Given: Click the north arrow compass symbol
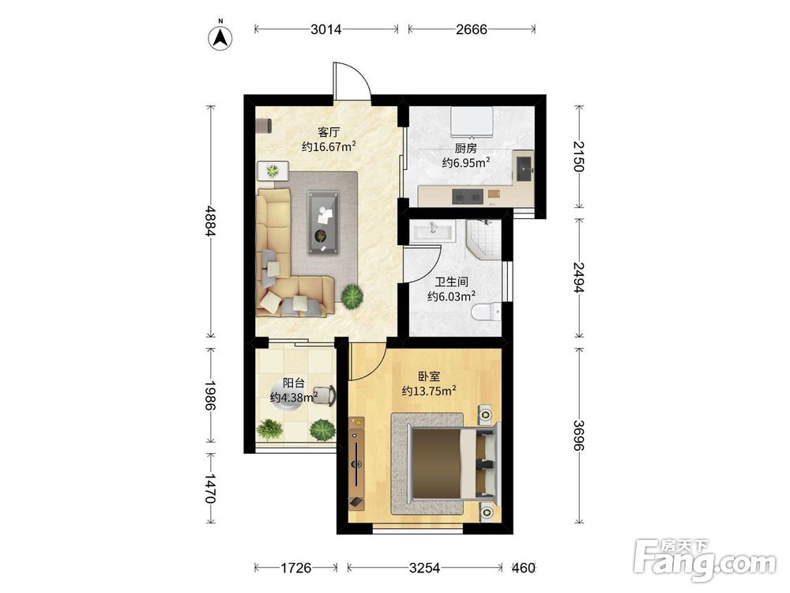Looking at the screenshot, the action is pos(220,36).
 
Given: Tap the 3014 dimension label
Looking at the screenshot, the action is pos(326,30).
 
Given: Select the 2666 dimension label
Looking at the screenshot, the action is pos(472,30).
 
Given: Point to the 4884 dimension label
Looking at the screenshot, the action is pos(211,221).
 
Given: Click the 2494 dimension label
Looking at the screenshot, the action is pos(579,278).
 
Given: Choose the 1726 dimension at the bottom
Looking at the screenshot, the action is pos(295,568).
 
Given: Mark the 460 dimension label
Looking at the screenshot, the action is pos(523,568).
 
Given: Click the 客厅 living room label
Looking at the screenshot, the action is pos(329,133).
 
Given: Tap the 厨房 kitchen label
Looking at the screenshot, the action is pos(466,149).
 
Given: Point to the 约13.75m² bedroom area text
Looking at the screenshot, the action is pos(429,391).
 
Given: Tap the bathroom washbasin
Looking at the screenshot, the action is pos(433,232).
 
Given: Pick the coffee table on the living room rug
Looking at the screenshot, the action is pos(323,223).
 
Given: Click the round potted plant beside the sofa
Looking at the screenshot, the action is pos(352,296).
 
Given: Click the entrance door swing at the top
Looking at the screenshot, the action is pos(352,81).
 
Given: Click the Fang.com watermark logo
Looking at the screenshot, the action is pos(705,560).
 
